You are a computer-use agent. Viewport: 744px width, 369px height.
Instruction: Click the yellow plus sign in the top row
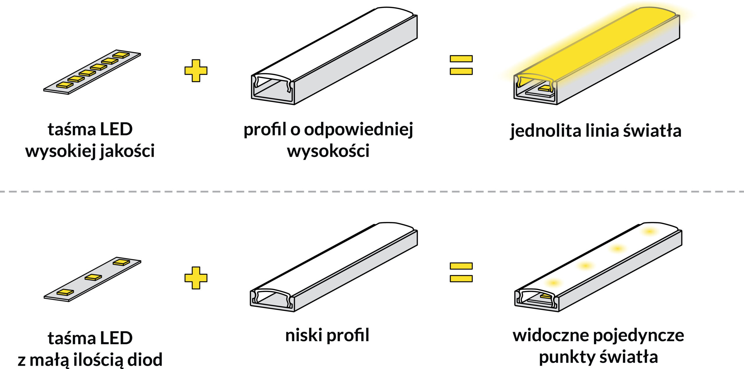[x=196, y=71]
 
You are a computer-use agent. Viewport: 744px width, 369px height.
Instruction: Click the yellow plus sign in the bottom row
[x=196, y=278]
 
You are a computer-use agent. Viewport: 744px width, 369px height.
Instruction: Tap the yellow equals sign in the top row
[x=461, y=65]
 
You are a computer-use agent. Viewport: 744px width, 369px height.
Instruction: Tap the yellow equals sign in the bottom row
[x=461, y=272]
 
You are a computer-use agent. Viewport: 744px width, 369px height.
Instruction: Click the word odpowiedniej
[x=359, y=130]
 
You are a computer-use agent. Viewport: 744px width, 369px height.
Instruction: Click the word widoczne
[x=550, y=336]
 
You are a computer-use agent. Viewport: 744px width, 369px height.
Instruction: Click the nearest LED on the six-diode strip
[x=65, y=85]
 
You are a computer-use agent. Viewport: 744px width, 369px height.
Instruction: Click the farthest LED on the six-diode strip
[x=121, y=55]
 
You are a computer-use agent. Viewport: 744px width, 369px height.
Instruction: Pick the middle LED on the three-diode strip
[x=93, y=277]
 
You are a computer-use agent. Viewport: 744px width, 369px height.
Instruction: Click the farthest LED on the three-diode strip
[x=121, y=262]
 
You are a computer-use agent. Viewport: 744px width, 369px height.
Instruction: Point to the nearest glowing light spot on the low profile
[x=553, y=283]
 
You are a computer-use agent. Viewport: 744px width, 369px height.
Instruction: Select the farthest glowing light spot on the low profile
[x=649, y=231]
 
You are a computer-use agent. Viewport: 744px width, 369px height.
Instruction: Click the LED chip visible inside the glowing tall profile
[x=545, y=88]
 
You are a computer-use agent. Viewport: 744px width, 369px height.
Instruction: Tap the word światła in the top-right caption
[x=652, y=131]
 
